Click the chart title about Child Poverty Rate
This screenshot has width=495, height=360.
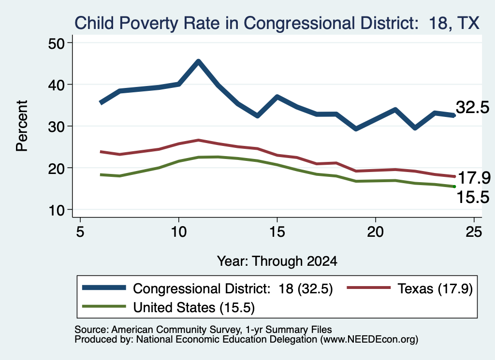[x=277, y=23]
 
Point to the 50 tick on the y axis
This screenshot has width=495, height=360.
[x=56, y=43]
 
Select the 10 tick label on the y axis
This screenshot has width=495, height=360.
[x=56, y=210]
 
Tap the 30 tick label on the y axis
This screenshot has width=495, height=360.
[x=56, y=127]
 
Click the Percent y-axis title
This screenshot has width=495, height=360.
[x=22, y=126]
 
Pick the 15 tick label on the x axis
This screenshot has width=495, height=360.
[x=277, y=232]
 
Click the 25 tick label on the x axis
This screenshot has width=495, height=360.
[x=474, y=232]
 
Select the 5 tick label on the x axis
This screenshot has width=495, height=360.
[x=80, y=232]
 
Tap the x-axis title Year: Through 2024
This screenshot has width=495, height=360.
[x=277, y=261]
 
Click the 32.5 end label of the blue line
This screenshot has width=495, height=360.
[x=472, y=107]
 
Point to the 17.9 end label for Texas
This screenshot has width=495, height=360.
[x=474, y=178]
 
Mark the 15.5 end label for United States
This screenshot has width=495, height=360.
[x=473, y=197]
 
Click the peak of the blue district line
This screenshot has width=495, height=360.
[x=198, y=61]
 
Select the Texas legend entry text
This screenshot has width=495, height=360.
[x=435, y=288]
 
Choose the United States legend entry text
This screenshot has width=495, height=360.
[x=194, y=308]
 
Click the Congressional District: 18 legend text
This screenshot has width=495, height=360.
[x=233, y=288]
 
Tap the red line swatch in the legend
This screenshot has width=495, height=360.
[x=369, y=288]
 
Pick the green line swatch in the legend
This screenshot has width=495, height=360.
[x=104, y=306]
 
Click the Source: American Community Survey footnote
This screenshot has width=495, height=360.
[x=203, y=330]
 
